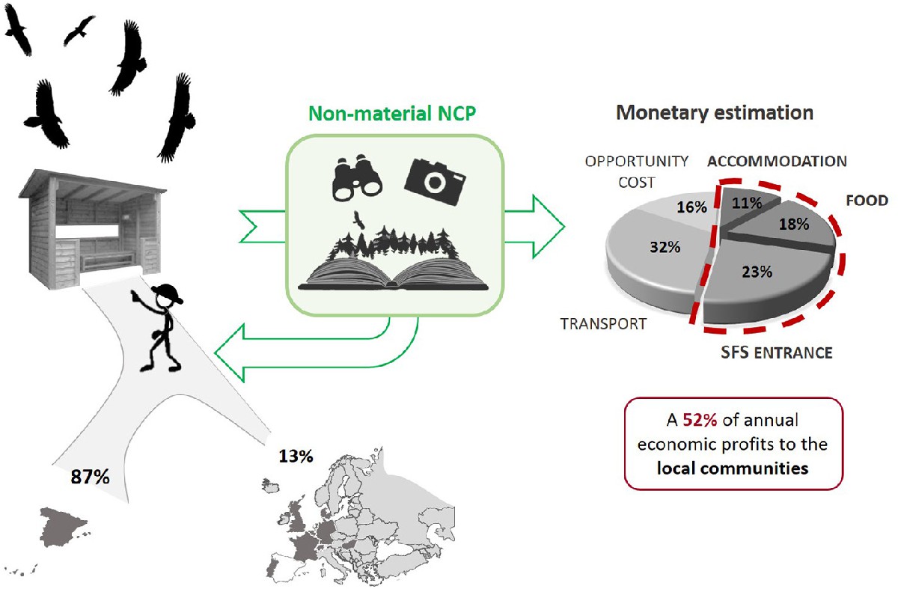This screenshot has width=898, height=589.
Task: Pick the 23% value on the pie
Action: click(x=757, y=272)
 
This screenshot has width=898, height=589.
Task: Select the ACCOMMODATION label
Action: click(x=778, y=162)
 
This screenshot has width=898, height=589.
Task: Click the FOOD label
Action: click(x=867, y=201)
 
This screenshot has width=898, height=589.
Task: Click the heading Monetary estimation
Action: click(x=715, y=114)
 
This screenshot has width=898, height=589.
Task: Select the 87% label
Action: click(x=89, y=477)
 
